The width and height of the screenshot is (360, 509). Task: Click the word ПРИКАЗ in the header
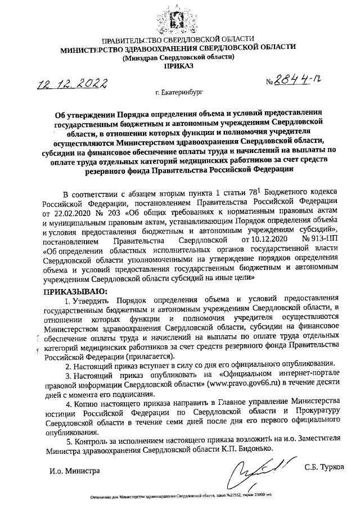click(178, 66)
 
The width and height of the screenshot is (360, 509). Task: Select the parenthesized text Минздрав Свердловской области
click(178, 57)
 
